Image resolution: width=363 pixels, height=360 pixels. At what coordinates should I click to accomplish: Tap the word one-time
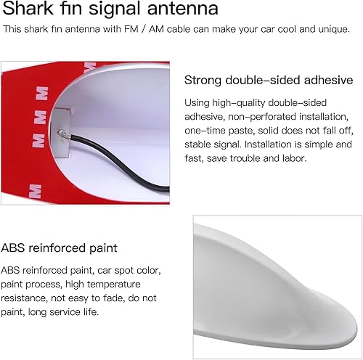205,130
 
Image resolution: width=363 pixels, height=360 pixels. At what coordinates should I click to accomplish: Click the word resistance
25,298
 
